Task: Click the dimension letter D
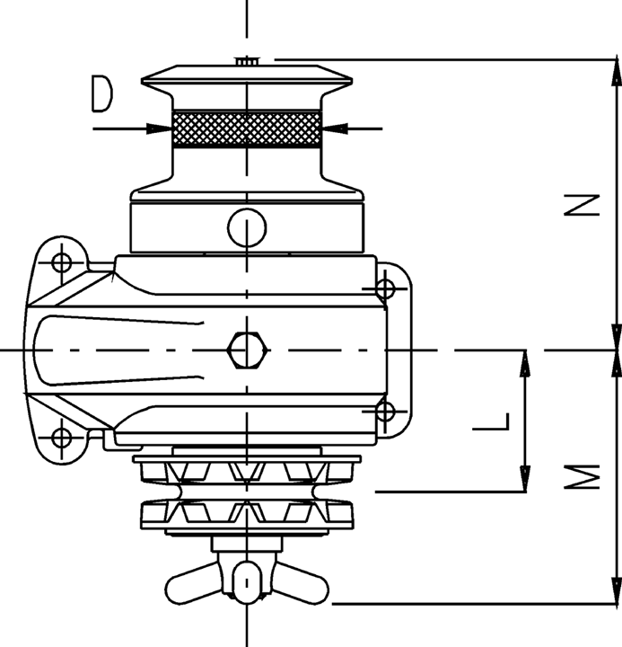tap(101, 93)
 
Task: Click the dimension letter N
tap(582, 205)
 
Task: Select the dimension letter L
tap(492, 421)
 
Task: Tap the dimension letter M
tap(582, 476)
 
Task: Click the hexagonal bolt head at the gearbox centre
tap(247, 350)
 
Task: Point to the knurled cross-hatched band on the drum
tap(247, 129)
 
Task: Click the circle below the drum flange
tap(247, 227)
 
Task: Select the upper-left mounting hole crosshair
tap(62, 262)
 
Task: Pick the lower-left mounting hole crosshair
tap(62, 438)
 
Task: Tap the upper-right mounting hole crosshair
tap(385, 288)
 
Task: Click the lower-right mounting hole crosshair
tap(385, 412)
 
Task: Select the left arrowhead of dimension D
tap(160, 129)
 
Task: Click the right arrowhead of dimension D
tap(334, 129)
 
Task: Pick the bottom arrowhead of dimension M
tap(617, 590)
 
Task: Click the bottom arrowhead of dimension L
tap(525, 479)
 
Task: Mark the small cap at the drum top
tap(247, 61)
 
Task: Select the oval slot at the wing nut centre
tap(247, 582)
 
